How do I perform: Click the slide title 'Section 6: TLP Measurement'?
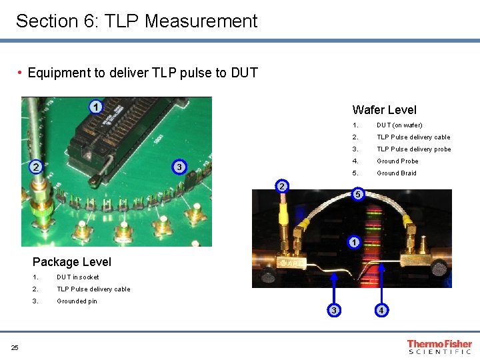click(x=136, y=21)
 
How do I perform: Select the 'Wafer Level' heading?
click(x=384, y=110)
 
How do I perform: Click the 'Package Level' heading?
click(x=71, y=262)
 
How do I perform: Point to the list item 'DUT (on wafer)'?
click(x=399, y=125)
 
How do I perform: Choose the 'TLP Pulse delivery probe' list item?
click(x=413, y=149)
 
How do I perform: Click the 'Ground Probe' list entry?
click(x=397, y=161)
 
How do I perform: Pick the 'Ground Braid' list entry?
click(x=397, y=173)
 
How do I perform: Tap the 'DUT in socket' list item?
click(x=77, y=277)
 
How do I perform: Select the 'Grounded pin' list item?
click(x=77, y=301)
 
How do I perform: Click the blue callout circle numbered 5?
click(x=358, y=194)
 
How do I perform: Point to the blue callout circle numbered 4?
click(x=381, y=310)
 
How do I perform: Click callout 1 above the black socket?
click(x=96, y=107)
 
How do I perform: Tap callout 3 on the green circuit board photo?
click(x=178, y=166)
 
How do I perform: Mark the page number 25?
click(x=15, y=346)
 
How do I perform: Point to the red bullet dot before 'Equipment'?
click(x=21, y=72)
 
